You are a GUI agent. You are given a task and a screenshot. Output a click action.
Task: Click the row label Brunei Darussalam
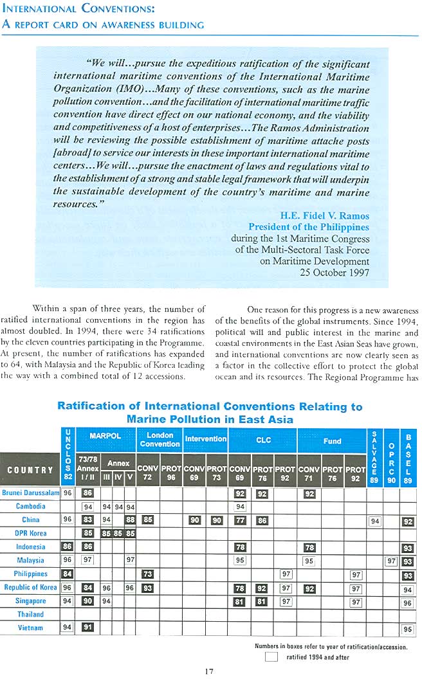click(x=30, y=493)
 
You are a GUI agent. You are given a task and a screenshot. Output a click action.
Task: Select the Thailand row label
click(x=30, y=614)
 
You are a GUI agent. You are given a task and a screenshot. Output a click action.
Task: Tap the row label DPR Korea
click(x=30, y=534)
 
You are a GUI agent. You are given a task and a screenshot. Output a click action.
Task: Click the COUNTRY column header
click(x=30, y=470)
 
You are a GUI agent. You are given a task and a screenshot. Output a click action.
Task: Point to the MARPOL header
click(x=105, y=435)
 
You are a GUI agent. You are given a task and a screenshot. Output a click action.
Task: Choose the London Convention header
click(x=160, y=440)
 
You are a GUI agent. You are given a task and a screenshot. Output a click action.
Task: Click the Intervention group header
click(x=205, y=439)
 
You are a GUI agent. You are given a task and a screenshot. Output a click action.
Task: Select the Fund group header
click(x=332, y=441)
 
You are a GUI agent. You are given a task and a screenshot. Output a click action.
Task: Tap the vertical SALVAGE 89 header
click(x=374, y=457)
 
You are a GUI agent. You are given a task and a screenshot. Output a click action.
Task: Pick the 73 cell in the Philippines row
click(x=147, y=574)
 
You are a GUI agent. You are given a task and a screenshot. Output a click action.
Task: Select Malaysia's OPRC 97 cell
click(x=390, y=561)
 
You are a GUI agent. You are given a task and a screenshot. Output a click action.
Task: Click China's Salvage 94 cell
click(x=374, y=521)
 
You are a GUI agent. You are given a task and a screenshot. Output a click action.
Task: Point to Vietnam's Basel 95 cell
click(x=407, y=629)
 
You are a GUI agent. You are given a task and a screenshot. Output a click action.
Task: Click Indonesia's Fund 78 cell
click(x=309, y=547)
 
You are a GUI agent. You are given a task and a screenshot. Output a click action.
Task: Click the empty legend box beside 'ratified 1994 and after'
click(x=271, y=657)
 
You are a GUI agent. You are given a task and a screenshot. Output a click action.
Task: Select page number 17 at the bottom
click(x=209, y=671)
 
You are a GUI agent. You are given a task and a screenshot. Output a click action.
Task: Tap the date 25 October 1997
click(x=335, y=272)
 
